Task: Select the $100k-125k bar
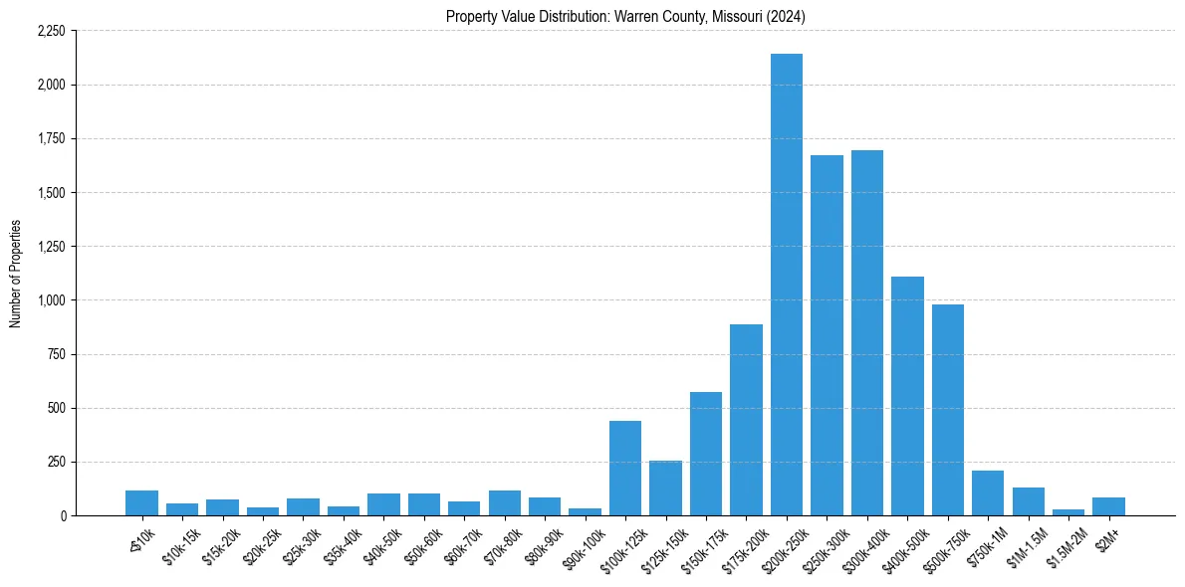click(625, 468)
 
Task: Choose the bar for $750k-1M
click(988, 492)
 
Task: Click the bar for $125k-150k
click(665, 488)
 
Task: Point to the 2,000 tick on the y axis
click(51, 85)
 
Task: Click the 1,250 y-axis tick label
click(51, 247)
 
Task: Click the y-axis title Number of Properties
click(15, 274)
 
